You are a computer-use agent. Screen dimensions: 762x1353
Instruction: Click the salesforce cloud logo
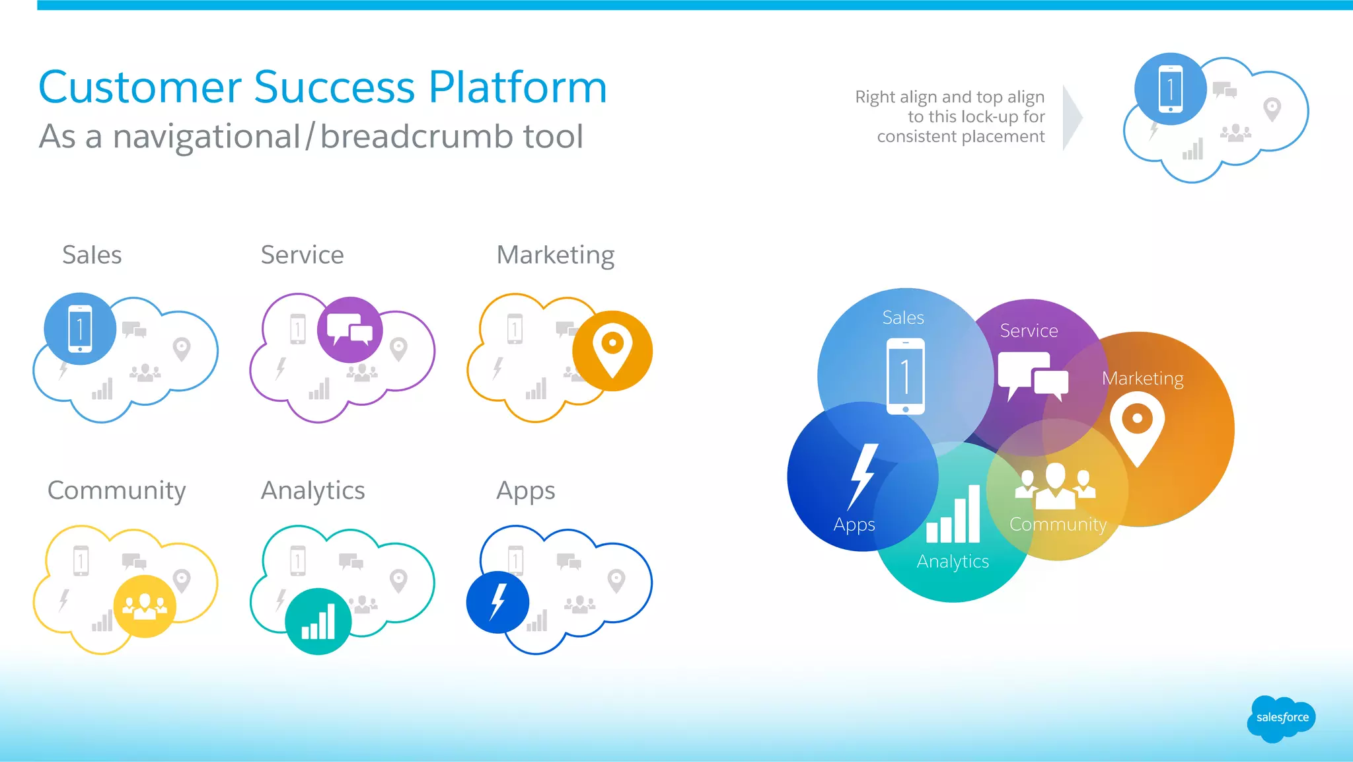(1281, 718)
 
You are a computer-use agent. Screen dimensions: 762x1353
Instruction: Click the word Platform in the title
(517, 87)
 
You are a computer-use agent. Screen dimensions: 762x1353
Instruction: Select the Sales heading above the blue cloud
(92, 255)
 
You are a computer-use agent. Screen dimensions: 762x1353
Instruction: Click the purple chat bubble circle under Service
(349, 329)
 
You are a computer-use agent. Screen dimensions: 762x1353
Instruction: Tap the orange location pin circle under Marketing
(612, 351)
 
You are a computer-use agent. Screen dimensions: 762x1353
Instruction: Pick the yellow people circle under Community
(145, 605)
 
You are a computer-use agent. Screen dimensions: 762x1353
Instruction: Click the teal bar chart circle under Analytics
(318, 621)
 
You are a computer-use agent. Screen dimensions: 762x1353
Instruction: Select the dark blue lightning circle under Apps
(497, 602)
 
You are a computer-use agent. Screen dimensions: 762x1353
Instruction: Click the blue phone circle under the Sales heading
(80, 328)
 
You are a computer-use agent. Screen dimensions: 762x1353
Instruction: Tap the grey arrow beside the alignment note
(1072, 118)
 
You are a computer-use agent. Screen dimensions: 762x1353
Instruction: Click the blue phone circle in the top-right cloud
(1170, 89)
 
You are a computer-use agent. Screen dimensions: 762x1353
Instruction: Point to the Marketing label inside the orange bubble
(1142, 379)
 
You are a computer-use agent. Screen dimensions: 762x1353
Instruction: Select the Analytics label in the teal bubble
(953, 562)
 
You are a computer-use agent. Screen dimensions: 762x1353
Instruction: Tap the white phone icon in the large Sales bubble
(905, 376)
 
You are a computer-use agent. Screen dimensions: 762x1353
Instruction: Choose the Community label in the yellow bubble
(1058, 525)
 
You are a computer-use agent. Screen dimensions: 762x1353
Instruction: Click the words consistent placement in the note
(961, 137)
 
